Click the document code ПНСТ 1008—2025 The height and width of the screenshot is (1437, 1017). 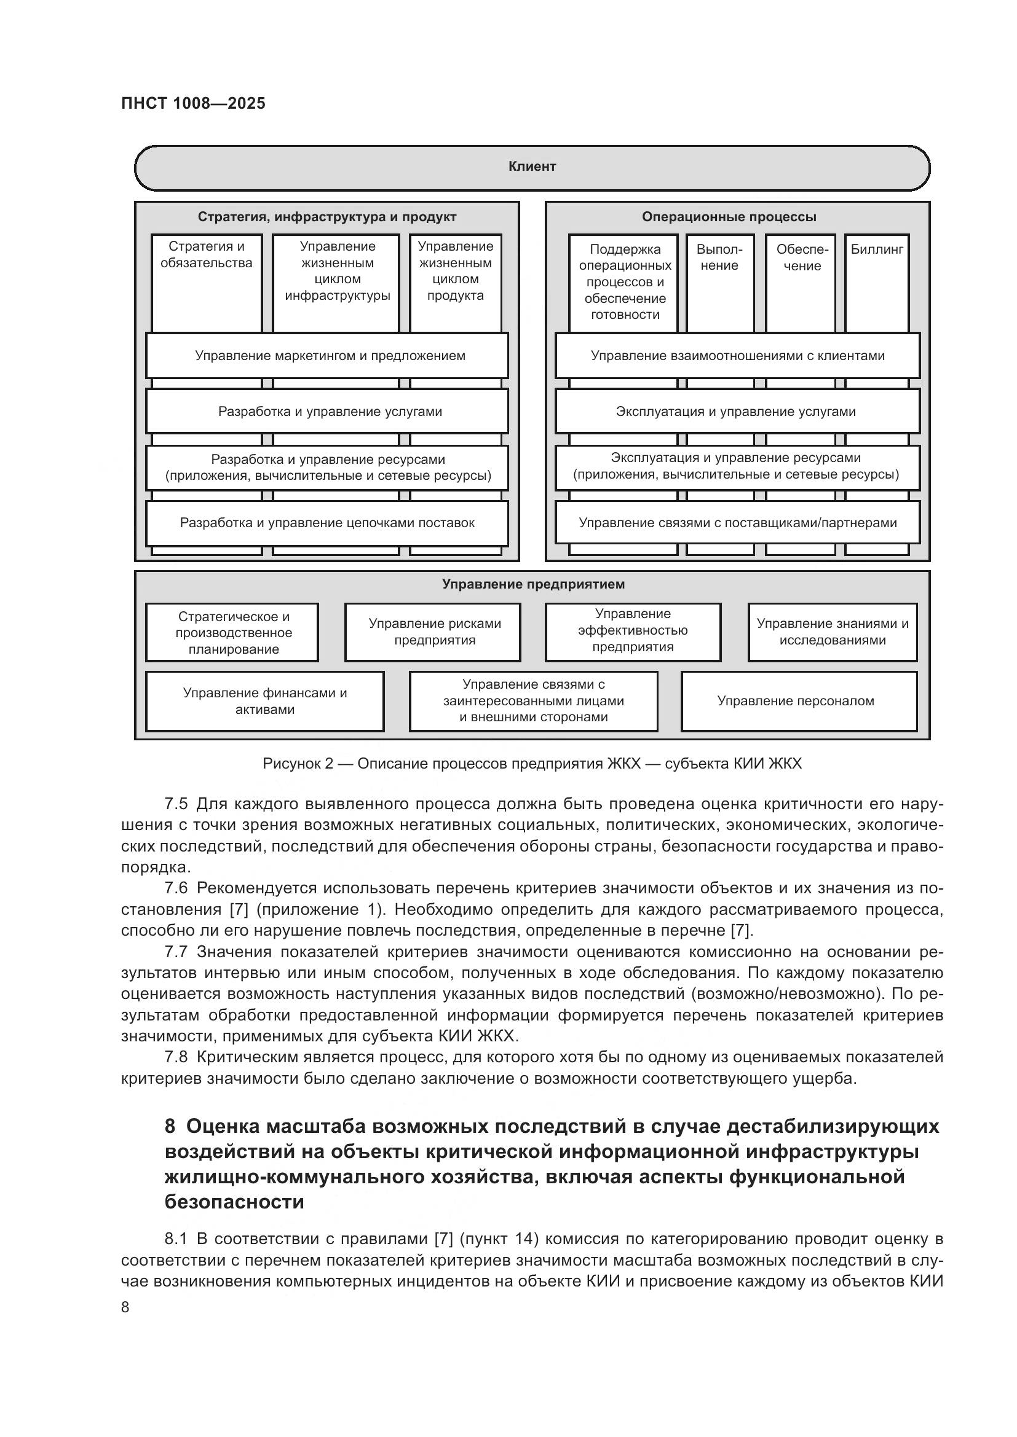tap(193, 103)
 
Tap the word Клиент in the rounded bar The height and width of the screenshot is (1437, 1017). tap(532, 166)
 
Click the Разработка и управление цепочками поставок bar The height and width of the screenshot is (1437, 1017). tap(327, 523)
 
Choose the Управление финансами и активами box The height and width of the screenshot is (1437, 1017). tap(264, 701)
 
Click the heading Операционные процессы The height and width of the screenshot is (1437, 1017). tap(729, 217)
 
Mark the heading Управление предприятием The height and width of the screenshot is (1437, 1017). tap(533, 584)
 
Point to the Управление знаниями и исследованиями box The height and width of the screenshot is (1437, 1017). tap(833, 632)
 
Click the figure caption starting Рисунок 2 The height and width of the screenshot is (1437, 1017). tap(532, 764)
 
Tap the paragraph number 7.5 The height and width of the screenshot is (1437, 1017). tap(175, 804)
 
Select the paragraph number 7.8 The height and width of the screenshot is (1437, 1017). tap(175, 1057)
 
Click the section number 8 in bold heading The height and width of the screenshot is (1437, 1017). tap(170, 1127)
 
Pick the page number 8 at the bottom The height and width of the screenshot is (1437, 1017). tap(125, 1307)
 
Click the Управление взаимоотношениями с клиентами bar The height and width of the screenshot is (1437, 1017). tap(737, 356)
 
